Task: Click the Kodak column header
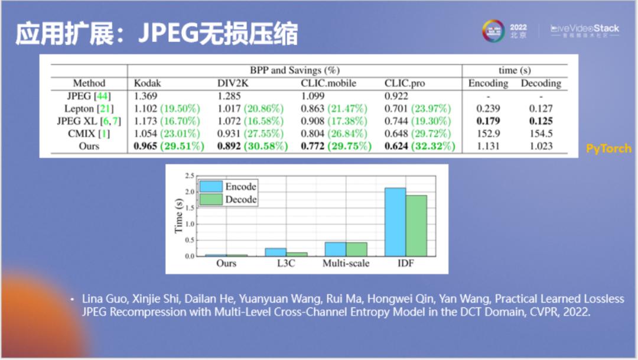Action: point(147,83)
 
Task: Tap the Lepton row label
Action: point(89,108)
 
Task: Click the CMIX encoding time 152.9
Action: point(488,134)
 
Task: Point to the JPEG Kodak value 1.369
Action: point(147,96)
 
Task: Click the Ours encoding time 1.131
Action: point(488,146)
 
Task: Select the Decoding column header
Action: point(540,83)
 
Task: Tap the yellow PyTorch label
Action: point(608,149)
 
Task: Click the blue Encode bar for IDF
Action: point(395,222)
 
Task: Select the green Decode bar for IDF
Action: point(416,225)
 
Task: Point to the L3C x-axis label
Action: point(285,264)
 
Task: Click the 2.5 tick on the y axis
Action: point(190,176)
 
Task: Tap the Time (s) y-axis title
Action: point(179,215)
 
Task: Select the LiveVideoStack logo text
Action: point(585,28)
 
